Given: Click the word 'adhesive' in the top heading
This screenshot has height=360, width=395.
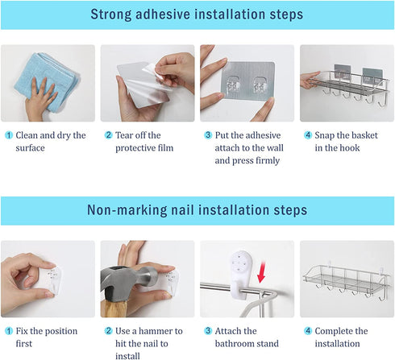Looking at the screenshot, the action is [x=163, y=14].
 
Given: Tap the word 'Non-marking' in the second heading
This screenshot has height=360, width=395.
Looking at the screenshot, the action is [x=127, y=210].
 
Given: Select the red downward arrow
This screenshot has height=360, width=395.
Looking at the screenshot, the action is [x=261, y=271].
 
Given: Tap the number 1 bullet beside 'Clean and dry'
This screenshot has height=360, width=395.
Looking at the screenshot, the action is [x=9, y=135].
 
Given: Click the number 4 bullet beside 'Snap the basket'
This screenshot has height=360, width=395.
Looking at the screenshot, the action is [x=308, y=135].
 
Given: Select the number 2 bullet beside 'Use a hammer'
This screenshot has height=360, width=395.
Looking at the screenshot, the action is [x=108, y=331].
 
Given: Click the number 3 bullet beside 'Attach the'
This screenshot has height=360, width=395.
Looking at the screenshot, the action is [x=208, y=331].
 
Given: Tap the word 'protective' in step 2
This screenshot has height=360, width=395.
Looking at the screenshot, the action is [x=135, y=148].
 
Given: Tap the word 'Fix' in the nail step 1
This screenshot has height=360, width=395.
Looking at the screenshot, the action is [x=22, y=331].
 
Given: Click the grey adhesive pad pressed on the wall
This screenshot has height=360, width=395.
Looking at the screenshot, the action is [x=247, y=81].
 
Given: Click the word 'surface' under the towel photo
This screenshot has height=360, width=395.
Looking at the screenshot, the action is [x=30, y=148].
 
